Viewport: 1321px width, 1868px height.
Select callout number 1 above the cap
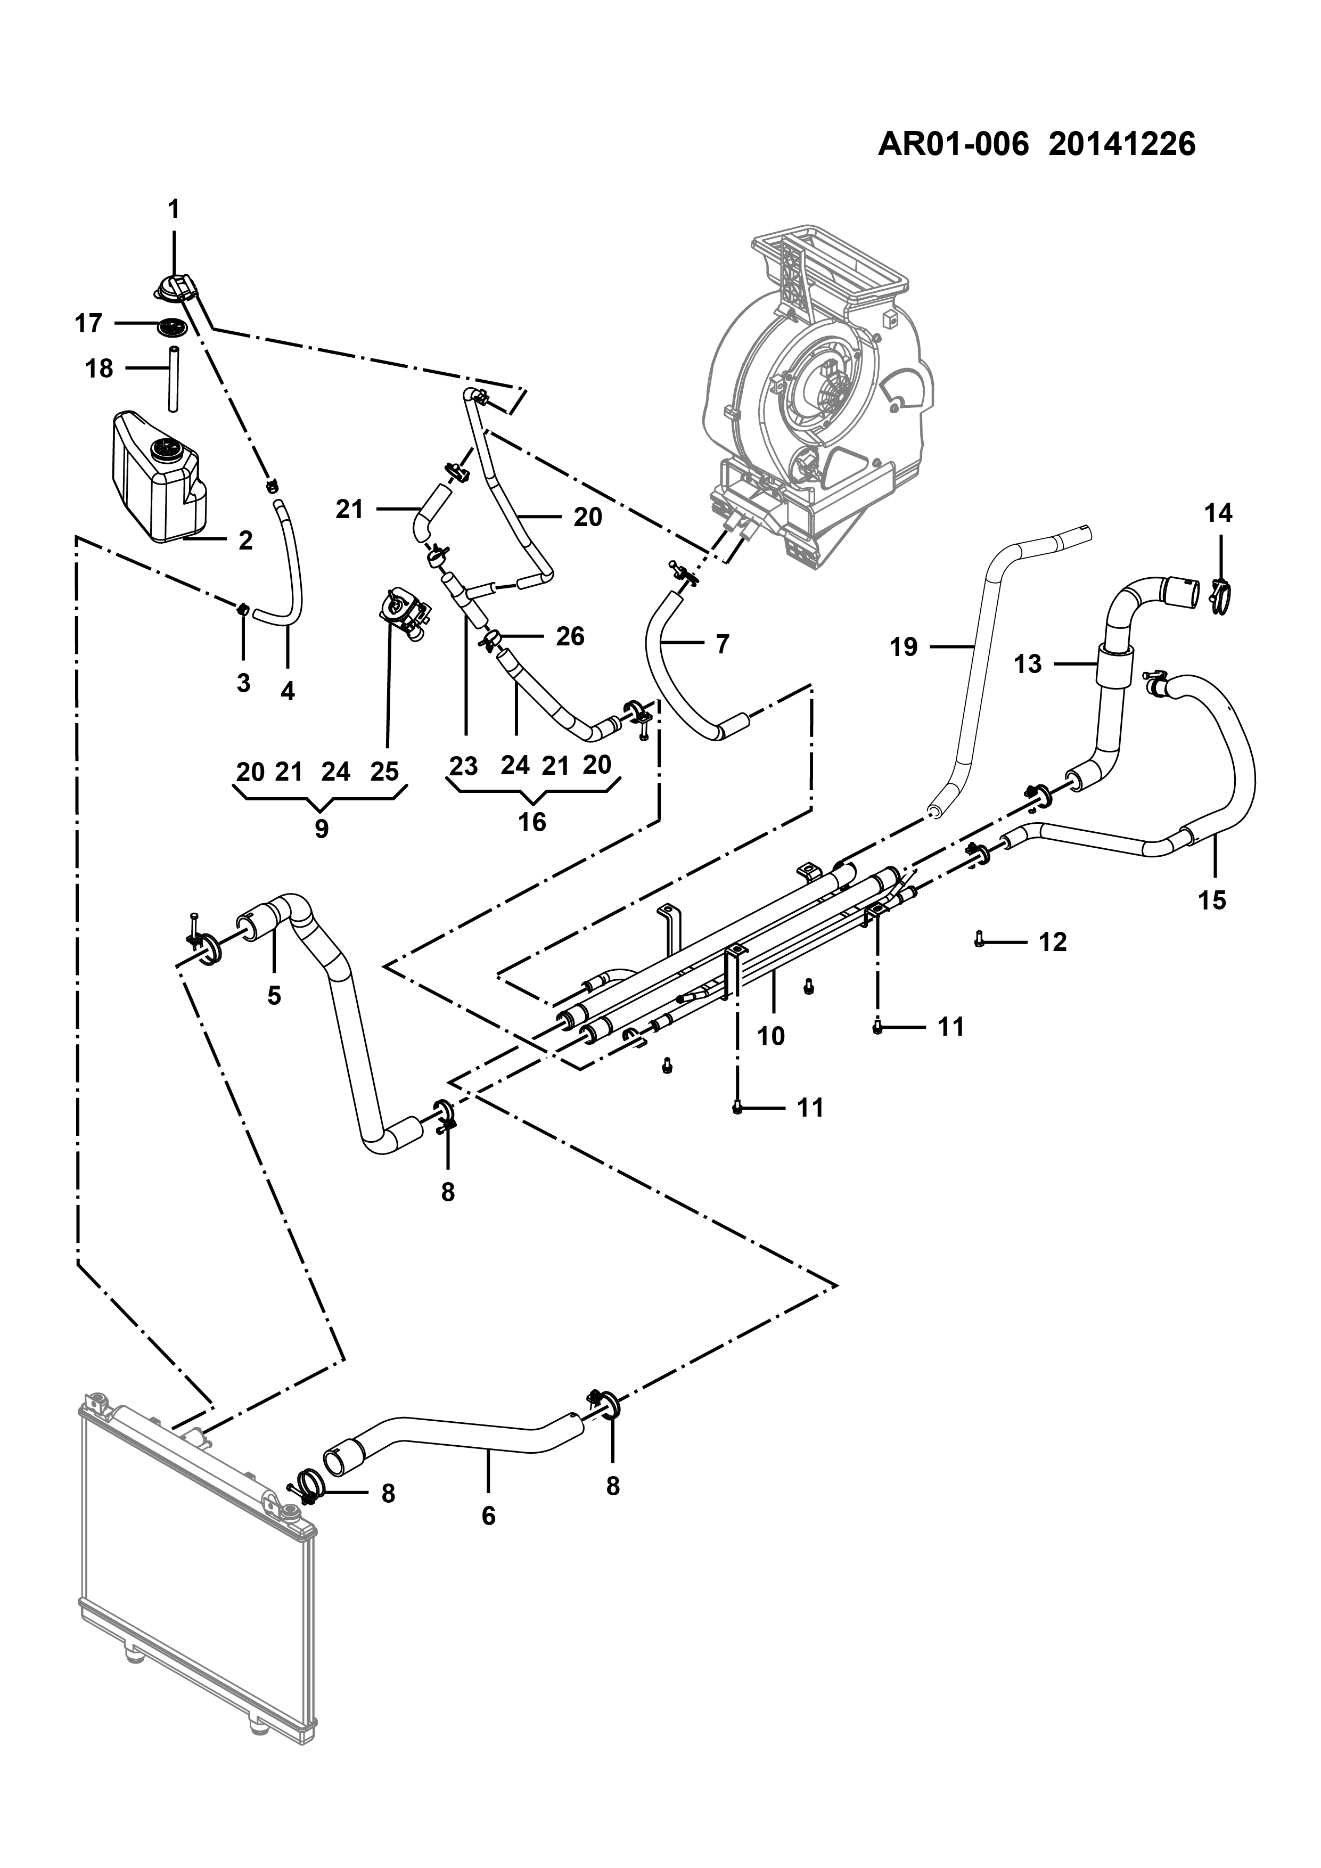tap(173, 209)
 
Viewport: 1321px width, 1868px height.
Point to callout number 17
tap(89, 324)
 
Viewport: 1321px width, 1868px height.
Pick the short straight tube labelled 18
tap(173, 379)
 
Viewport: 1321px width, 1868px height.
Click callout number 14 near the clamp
tap(1219, 513)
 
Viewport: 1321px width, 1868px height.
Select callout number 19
tap(904, 647)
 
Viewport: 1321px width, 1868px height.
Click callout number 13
tap(1028, 664)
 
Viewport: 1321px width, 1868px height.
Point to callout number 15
tap(1212, 900)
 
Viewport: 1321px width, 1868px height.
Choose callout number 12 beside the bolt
tap(1053, 942)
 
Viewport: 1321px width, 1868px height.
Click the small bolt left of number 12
tap(979, 940)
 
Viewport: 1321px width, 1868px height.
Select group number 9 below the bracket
tap(321, 829)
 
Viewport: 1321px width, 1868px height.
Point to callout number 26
tap(570, 636)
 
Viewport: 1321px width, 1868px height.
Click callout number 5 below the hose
tap(274, 995)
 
